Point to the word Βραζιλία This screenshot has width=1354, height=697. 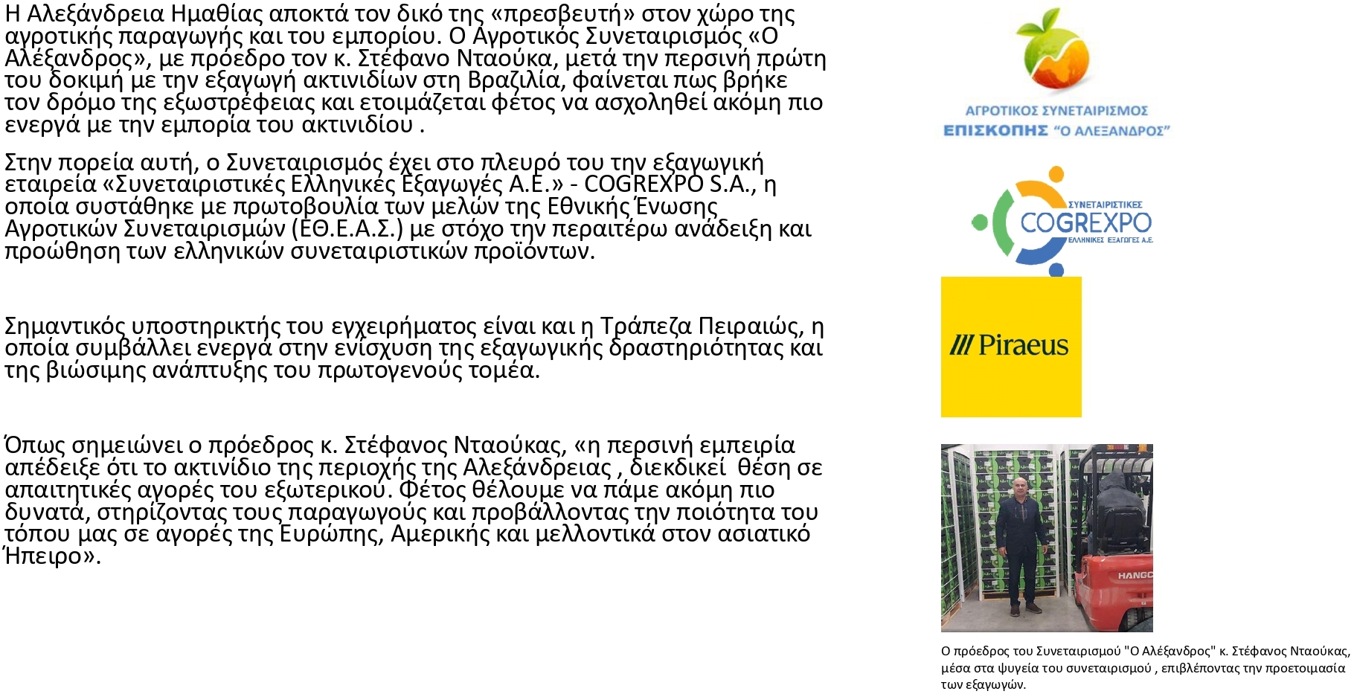coord(514,80)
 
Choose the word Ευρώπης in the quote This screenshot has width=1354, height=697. coord(331,534)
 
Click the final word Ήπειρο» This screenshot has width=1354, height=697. coord(52,556)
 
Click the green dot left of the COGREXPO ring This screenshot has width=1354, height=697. coord(980,222)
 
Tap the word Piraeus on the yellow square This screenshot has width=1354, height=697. coord(1023,345)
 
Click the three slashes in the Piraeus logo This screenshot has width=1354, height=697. coord(961,345)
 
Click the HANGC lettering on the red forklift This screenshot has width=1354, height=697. coord(1135,576)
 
